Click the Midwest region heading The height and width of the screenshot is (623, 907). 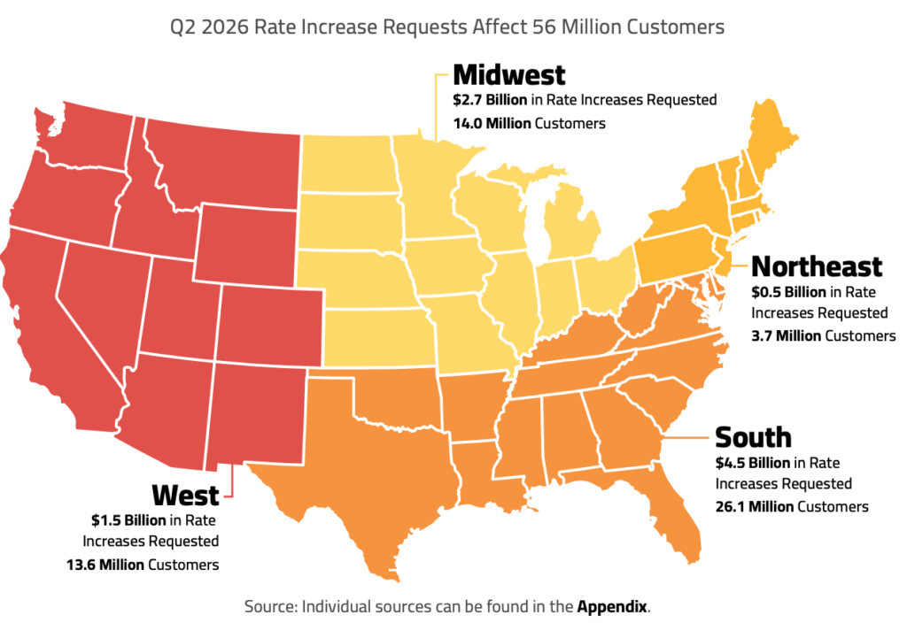coord(509,75)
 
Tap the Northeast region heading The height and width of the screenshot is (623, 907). coord(817,267)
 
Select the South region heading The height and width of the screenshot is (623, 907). coord(753,437)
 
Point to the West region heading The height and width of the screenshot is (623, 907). coord(186,496)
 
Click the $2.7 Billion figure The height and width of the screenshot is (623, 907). coord(490,100)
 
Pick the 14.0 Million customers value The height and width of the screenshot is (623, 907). coord(492,124)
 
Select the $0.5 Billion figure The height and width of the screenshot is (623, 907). coord(788,292)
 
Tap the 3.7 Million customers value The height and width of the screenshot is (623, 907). coord(787,335)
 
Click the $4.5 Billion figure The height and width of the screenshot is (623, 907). coord(753,463)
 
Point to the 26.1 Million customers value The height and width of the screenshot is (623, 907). coord(755,507)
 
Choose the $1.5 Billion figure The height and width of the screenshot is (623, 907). coord(128,520)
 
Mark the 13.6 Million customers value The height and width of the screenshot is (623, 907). coord(105,565)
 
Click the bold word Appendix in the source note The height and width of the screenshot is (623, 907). coord(612,607)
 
